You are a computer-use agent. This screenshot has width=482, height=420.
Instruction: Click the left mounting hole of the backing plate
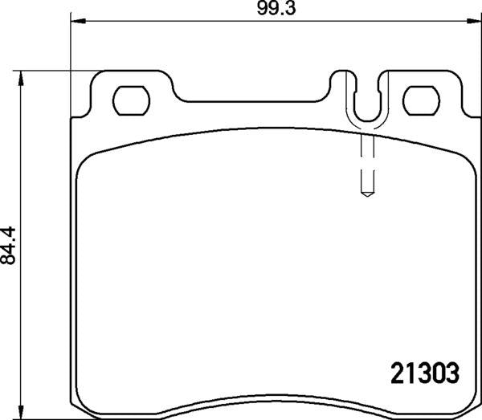tap(130, 100)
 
